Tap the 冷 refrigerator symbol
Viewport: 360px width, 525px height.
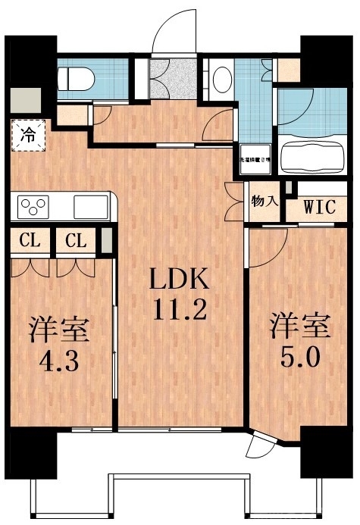point(27,136)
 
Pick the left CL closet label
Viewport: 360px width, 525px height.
point(30,242)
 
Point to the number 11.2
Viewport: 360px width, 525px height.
point(179,311)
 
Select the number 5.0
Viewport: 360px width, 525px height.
point(301,357)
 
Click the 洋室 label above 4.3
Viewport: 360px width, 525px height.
point(60,330)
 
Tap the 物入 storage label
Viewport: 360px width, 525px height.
point(265,203)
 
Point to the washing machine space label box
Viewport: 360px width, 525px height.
point(257,160)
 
